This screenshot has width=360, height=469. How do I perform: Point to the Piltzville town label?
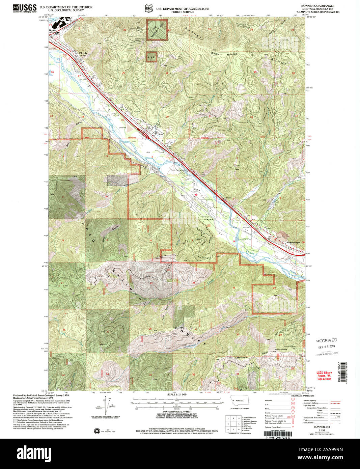[83, 53]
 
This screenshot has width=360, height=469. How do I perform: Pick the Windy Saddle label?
[281, 350]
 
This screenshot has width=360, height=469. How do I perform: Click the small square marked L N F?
[151, 57]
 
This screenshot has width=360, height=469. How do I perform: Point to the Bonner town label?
[53, 30]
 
